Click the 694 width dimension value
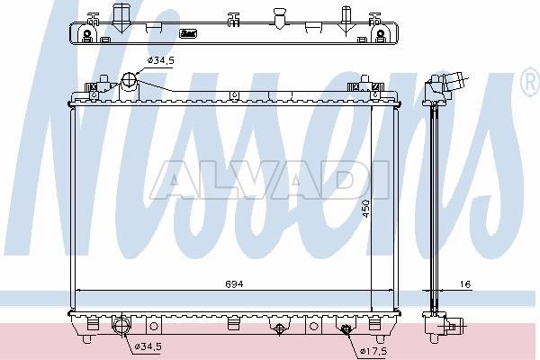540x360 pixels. pyautogui.click(x=234, y=284)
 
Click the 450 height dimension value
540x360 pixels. pyautogui.click(x=366, y=209)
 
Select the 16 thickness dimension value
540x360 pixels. pyautogui.click(x=465, y=284)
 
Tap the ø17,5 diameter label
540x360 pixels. pyautogui.click(x=373, y=351)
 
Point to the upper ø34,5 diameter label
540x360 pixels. pyautogui.click(x=161, y=60)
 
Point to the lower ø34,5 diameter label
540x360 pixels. pyautogui.click(x=148, y=346)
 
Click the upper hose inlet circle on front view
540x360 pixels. pyautogui.click(x=129, y=81)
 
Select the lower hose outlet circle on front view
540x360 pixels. pyautogui.click(x=121, y=326)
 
